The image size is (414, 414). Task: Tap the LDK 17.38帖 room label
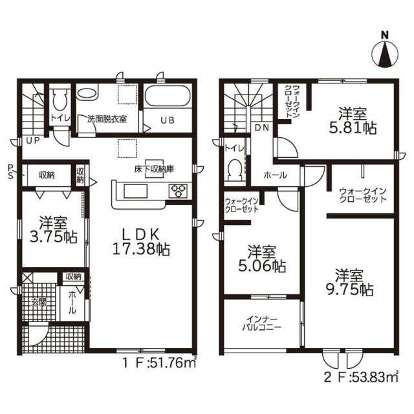pyautogui.click(x=141, y=242)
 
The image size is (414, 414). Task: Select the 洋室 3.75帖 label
pyautogui.click(x=53, y=230)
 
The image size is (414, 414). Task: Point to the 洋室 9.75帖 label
pyautogui.click(x=349, y=283)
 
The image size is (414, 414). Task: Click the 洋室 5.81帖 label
pyautogui.click(x=353, y=121)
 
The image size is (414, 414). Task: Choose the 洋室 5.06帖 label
pyautogui.click(x=262, y=259)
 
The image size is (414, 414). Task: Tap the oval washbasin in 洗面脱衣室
pyautogui.click(x=87, y=94)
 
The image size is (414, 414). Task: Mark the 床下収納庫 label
pyautogui.click(x=154, y=169)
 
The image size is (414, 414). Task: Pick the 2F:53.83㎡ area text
pyautogui.click(x=361, y=378)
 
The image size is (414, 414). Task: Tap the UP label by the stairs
pyautogui.click(x=33, y=141)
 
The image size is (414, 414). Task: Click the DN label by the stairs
pyautogui.click(x=261, y=128)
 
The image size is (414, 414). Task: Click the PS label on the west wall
pyautogui.click(x=10, y=171)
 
